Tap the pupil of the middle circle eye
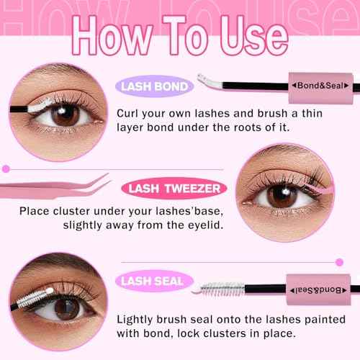click(x=281, y=196)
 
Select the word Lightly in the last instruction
click(x=140, y=318)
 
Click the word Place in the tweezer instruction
click(x=35, y=211)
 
